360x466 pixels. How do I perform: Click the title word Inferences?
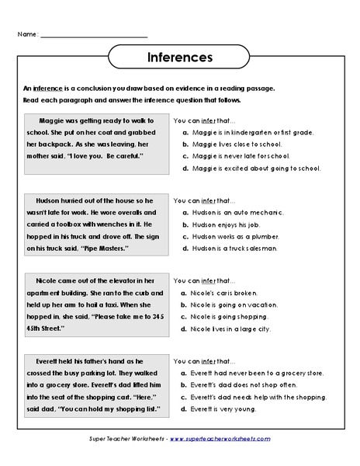tap(180, 57)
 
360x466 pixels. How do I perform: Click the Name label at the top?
tap(25, 35)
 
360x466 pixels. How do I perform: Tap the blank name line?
tap(93, 37)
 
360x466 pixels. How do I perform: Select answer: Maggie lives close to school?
tap(233, 144)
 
